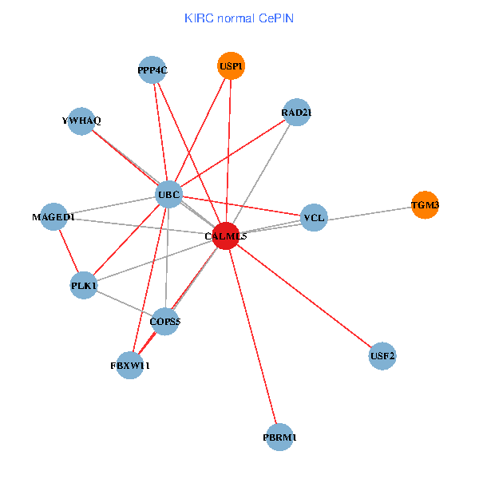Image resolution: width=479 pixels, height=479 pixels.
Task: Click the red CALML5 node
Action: tap(226, 236)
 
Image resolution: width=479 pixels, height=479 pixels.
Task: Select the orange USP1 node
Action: tap(231, 65)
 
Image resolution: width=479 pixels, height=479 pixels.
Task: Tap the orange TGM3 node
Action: tap(425, 205)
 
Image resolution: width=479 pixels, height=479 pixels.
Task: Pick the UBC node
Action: tap(168, 195)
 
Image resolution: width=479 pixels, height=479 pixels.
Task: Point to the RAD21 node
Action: tap(296, 113)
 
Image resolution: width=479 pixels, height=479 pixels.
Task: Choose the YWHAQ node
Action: tap(81, 121)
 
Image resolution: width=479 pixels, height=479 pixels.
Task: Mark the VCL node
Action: tap(314, 217)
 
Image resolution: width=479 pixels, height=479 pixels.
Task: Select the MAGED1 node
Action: tap(53, 217)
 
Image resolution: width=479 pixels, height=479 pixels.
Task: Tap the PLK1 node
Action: tap(84, 285)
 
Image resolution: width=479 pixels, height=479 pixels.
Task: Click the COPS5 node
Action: tap(165, 322)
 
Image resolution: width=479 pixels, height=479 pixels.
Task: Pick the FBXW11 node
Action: tap(130, 365)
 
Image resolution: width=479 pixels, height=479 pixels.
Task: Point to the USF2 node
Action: tap(382, 355)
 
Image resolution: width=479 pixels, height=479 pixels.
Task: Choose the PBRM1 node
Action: tap(279, 437)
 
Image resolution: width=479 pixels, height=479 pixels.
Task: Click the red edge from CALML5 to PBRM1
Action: tap(252, 335)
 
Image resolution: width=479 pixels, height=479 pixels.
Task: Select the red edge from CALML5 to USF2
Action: tap(303, 295)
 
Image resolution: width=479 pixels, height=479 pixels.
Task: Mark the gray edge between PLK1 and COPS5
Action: tap(125, 303)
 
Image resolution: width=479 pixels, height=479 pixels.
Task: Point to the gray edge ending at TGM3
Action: tap(367, 212)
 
